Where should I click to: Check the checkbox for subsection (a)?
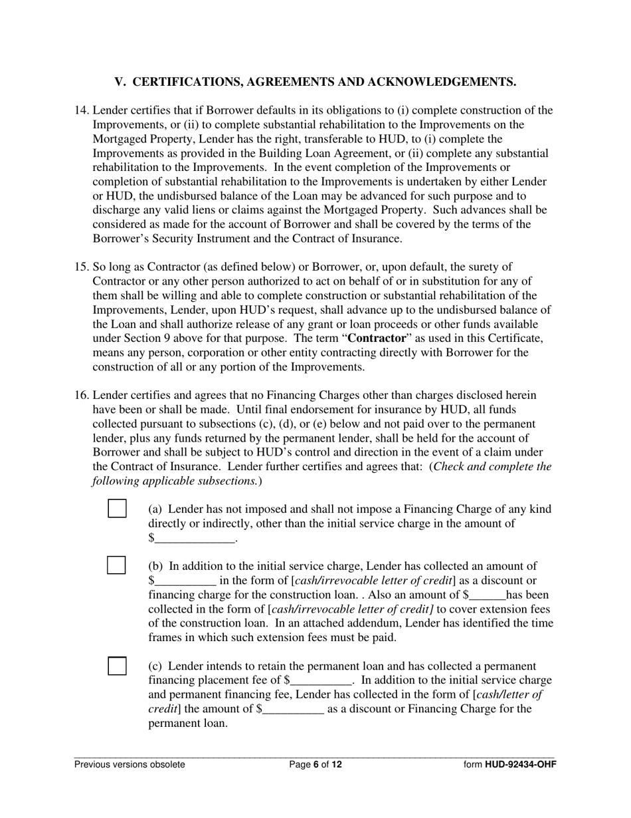point(117,508)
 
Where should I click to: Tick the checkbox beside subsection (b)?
point(117,565)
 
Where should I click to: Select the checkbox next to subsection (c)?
point(117,666)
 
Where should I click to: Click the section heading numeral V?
point(120,82)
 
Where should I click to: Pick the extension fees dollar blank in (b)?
point(488,595)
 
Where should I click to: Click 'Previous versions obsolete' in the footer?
point(130,764)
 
